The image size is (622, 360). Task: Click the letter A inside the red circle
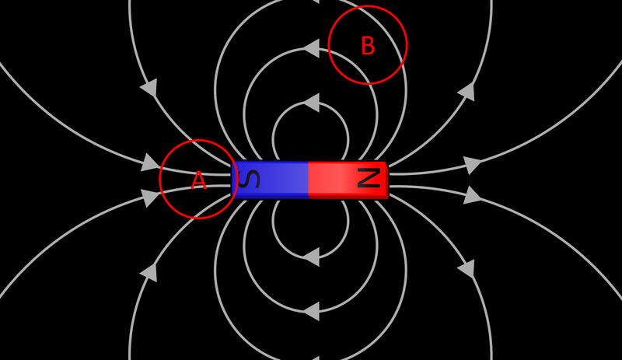click(x=199, y=180)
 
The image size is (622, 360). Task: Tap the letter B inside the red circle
click(x=368, y=47)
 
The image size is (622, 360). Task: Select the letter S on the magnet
click(x=249, y=180)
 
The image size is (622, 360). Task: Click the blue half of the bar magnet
click(x=272, y=180)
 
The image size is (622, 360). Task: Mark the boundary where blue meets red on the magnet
click(x=309, y=180)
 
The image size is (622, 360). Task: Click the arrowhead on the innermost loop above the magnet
click(x=311, y=103)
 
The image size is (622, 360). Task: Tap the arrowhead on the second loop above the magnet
click(x=311, y=49)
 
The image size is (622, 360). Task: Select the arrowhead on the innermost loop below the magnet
click(x=311, y=256)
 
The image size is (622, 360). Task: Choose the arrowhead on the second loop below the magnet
click(x=311, y=311)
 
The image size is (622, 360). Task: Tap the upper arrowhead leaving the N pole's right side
click(x=472, y=165)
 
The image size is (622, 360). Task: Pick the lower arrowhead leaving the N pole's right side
click(x=472, y=195)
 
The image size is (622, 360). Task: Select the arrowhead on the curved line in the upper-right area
click(x=466, y=92)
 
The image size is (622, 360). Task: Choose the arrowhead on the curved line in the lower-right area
click(x=466, y=269)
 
